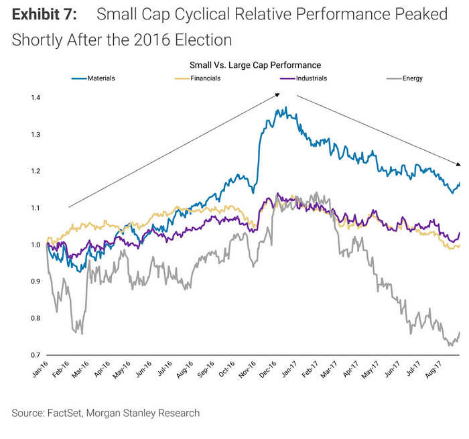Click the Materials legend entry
coord(100,78)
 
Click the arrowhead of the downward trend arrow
coord(459,164)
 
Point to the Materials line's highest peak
coord(285,107)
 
